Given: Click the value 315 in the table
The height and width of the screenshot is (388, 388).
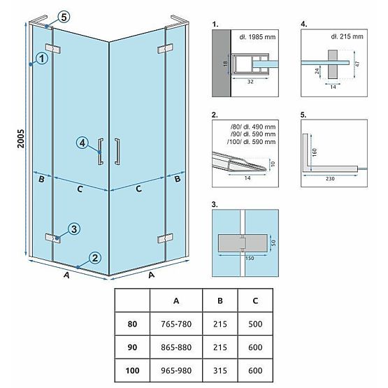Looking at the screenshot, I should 220,370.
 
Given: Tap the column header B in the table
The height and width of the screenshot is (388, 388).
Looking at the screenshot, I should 220,300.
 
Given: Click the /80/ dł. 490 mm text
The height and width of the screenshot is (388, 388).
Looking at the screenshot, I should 245,125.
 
